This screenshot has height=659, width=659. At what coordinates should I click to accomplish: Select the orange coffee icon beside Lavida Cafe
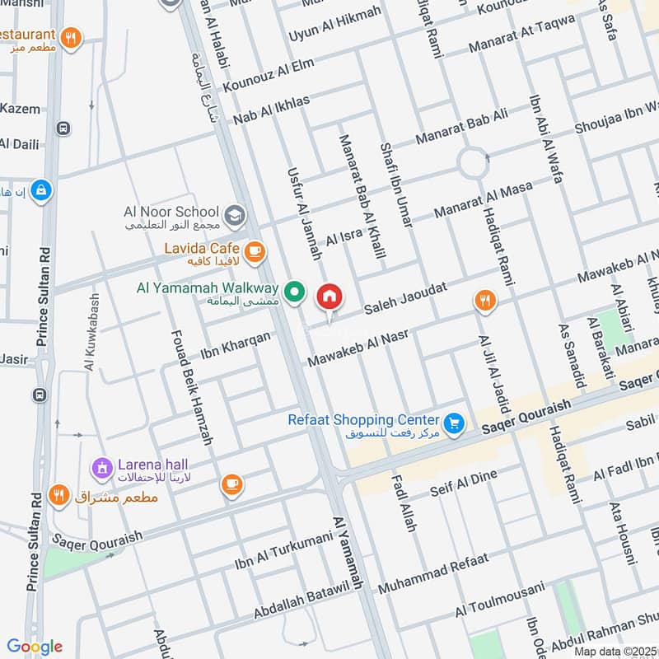(x=255, y=250)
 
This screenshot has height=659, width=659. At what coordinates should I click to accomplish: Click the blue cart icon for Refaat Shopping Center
(x=453, y=423)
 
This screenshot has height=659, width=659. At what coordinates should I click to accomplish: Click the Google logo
(x=34, y=646)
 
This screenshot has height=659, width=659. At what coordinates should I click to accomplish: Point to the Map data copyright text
(x=615, y=651)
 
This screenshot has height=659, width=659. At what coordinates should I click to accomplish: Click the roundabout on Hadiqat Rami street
(x=474, y=162)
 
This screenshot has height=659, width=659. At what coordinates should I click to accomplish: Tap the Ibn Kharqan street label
(x=236, y=347)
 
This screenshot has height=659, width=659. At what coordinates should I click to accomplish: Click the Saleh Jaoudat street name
(x=409, y=298)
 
